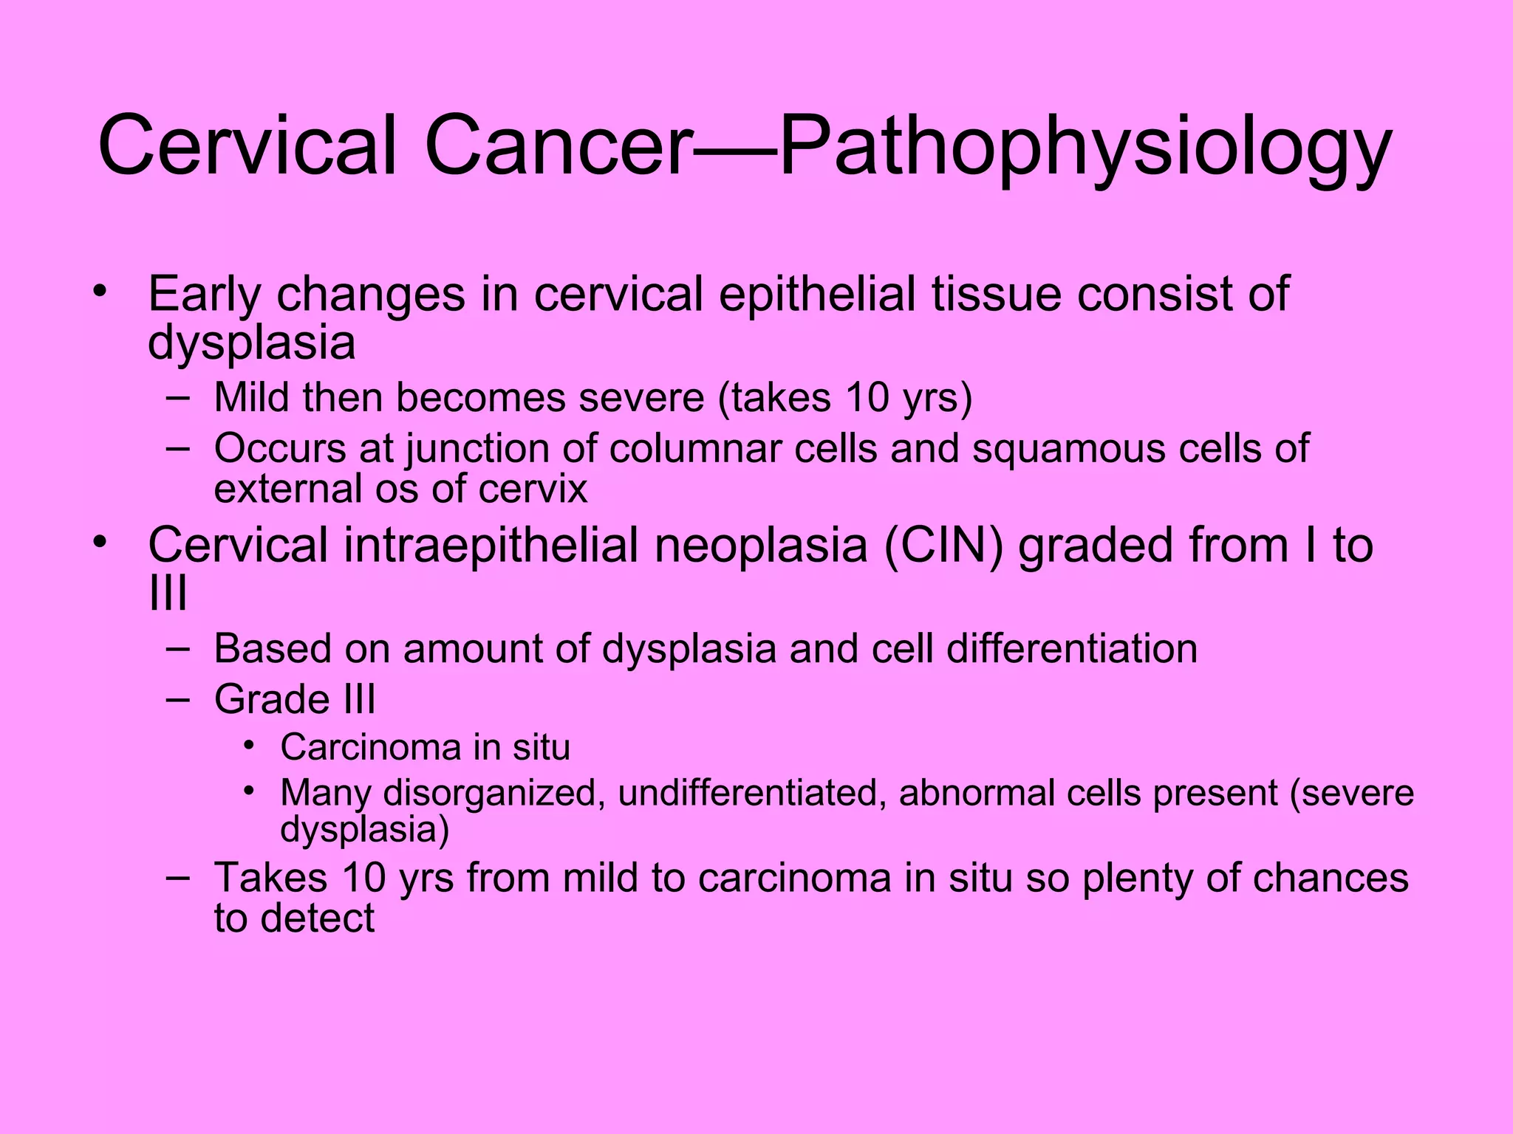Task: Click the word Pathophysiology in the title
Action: pyautogui.click(x=1085, y=148)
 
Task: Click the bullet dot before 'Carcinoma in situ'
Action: pyautogui.click(x=250, y=745)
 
